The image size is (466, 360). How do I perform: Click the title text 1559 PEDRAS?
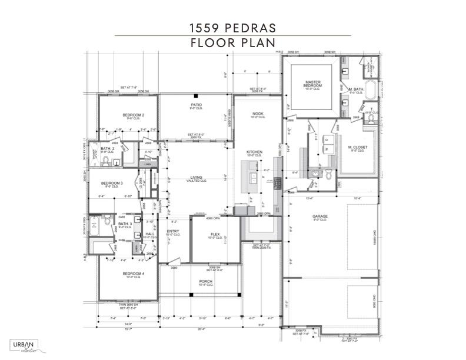(x=232, y=27)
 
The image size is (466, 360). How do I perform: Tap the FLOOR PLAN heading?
(x=232, y=43)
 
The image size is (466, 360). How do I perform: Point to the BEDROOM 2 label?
(x=134, y=115)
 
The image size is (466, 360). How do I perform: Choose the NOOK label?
(x=258, y=114)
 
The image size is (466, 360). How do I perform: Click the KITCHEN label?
(x=254, y=152)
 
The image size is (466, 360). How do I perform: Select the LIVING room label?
(x=196, y=178)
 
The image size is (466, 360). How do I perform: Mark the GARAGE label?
(x=320, y=216)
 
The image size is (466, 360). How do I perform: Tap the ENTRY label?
(x=173, y=232)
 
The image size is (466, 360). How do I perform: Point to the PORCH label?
(x=206, y=282)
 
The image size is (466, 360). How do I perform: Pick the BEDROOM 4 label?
(x=134, y=274)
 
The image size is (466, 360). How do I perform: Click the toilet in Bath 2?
(x=106, y=161)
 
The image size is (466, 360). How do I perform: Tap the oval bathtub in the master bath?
(x=370, y=89)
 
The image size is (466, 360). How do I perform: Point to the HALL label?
(x=149, y=234)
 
